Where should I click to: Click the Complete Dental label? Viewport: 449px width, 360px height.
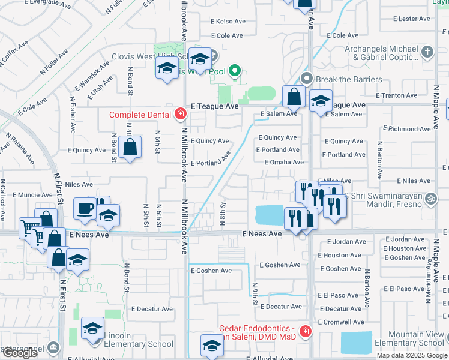[141, 115]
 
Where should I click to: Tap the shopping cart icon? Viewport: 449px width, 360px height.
[29, 228]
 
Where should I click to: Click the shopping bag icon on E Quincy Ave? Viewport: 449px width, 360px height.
[130, 146]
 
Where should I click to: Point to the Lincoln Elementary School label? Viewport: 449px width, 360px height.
[139, 339]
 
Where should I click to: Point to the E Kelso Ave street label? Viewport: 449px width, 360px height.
[228, 20]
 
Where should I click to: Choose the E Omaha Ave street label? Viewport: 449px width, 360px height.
[284, 162]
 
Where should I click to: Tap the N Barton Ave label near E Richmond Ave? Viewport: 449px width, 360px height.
[379, 160]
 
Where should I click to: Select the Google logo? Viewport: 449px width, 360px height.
[20, 353]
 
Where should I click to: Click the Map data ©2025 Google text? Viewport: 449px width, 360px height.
[412, 355]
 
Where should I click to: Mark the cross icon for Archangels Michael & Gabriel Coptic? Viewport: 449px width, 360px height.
[427, 52]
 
